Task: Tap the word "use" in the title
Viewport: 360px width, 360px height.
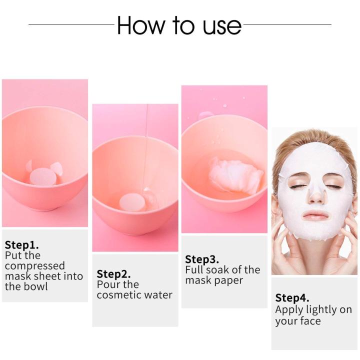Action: (221, 26)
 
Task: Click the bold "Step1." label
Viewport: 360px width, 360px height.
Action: (21, 245)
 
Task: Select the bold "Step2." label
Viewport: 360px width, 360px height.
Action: (113, 274)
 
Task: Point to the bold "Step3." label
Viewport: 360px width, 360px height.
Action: (202, 259)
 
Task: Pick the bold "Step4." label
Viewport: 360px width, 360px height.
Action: (292, 298)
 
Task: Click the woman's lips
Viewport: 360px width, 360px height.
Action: (315, 215)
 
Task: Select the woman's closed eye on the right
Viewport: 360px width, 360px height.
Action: (334, 185)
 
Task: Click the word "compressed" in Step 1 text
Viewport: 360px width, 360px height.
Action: (35, 266)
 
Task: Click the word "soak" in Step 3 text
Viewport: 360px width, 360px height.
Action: (217, 270)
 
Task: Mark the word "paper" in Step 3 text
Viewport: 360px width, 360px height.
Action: (229, 280)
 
